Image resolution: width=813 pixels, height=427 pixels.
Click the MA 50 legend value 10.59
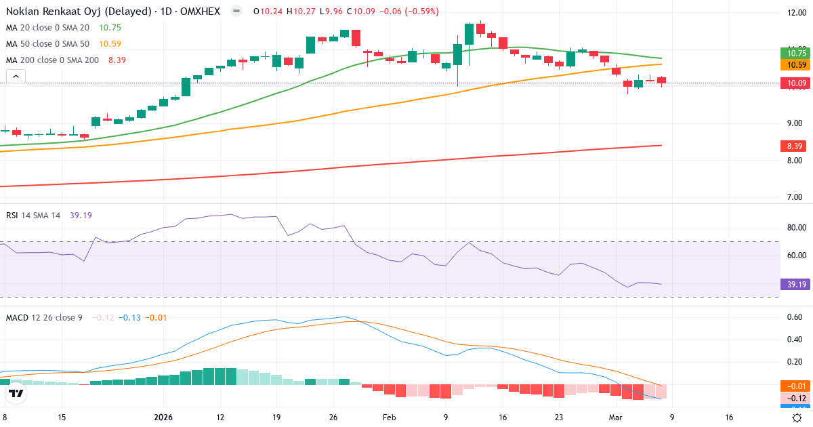point(110,44)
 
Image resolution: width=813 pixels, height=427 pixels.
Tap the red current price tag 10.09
point(795,83)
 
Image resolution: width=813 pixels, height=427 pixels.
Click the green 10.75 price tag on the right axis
point(795,53)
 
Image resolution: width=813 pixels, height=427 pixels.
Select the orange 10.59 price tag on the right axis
point(795,65)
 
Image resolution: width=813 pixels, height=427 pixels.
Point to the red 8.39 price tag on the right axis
point(795,146)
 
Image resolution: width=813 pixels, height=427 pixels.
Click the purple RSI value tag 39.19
point(795,284)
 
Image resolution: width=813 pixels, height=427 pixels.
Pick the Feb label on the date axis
point(389,418)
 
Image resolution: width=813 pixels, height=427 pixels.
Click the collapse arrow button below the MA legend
point(16,77)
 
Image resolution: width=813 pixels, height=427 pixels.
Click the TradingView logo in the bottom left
point(16,392)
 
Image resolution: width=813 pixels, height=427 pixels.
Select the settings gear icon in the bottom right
point(797,418)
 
